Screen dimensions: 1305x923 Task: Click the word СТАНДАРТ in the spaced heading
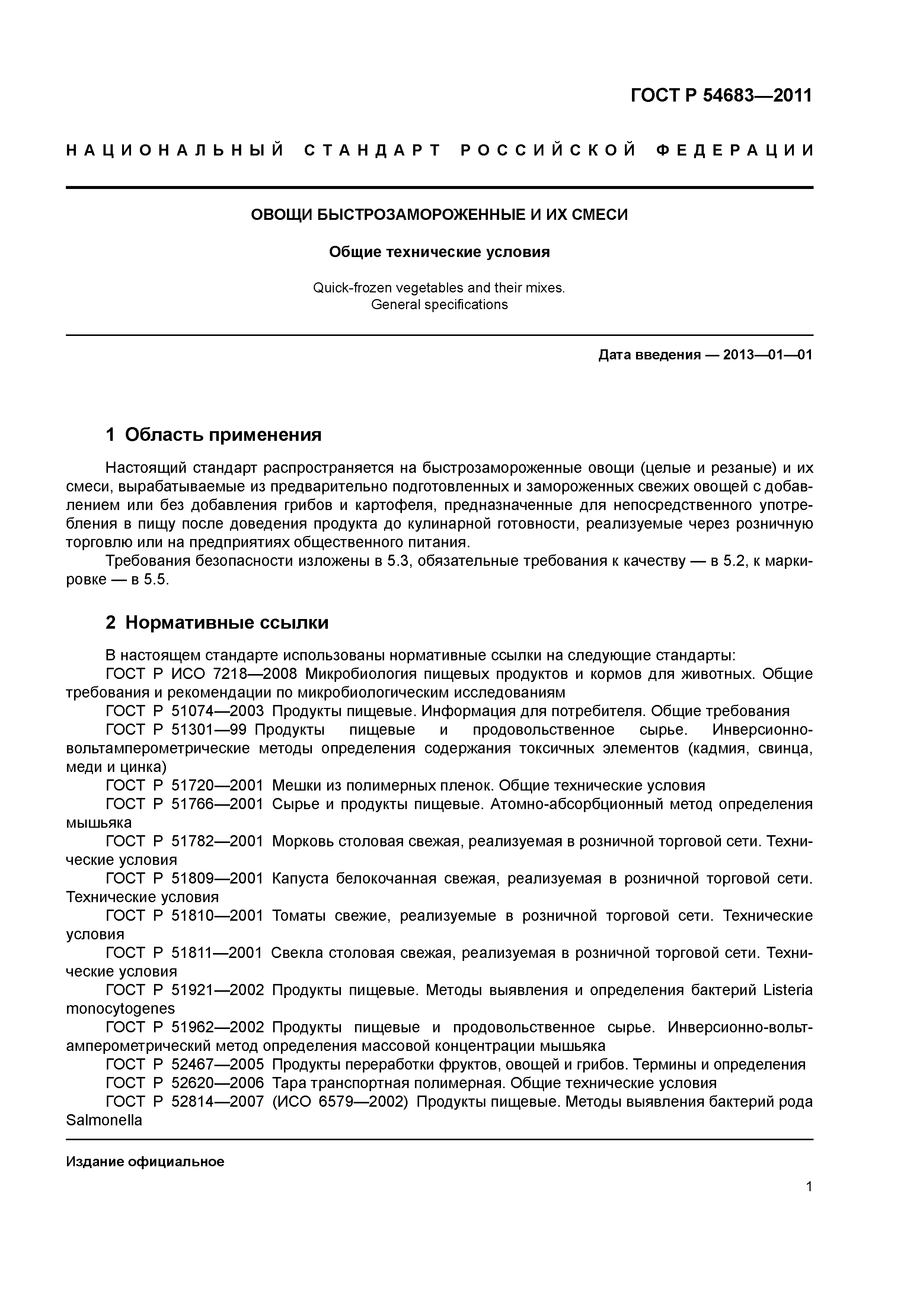pos(373,151)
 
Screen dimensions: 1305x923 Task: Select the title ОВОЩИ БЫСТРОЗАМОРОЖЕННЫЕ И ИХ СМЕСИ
pos(439,215)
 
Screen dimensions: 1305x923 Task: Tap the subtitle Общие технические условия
pos(439,252)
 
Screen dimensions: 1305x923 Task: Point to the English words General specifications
pos(439,305)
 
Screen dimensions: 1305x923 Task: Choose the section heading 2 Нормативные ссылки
pos(217,623)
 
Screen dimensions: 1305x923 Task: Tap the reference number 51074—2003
pos(217,711)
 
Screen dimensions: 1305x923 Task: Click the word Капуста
pos(300,879)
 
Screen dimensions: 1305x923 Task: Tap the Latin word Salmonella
pos(103,1120)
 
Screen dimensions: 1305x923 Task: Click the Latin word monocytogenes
pos(120,1009)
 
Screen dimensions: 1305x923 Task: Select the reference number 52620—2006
pos(217,1083)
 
